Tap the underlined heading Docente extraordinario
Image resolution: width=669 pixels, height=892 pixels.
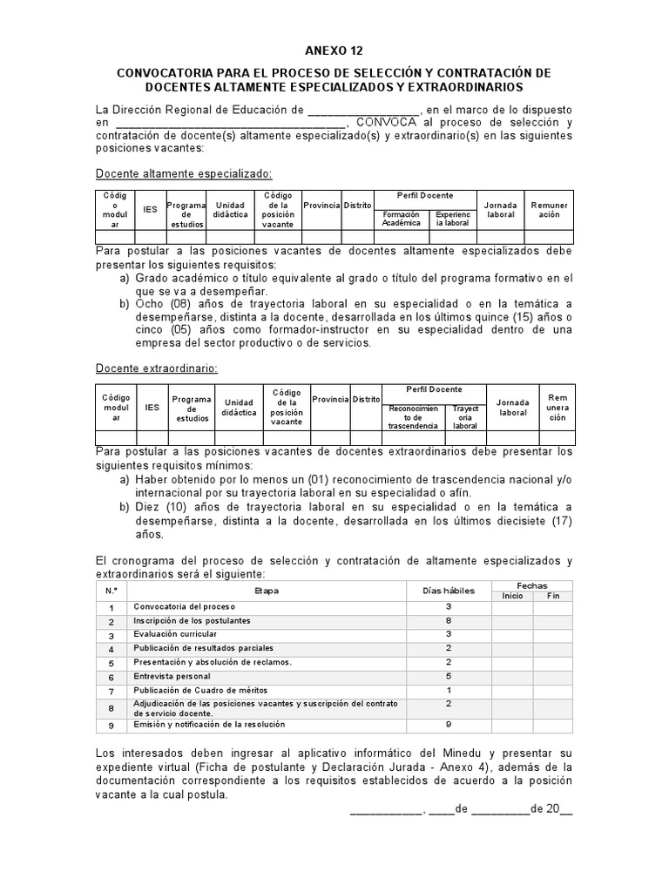click(x=157, y=368)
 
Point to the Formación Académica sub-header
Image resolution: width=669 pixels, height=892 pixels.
click(x=401, y=219)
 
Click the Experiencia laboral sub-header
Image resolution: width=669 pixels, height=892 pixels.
click(x=452, y=219)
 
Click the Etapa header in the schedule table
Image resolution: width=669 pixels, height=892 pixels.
click(x=267, y=591)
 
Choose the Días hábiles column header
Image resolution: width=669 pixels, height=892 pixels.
click(x=449, y=591)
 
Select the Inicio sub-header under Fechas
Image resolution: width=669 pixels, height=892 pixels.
click(x=512, y=596)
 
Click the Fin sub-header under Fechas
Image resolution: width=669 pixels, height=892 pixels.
click(x=553, y=596)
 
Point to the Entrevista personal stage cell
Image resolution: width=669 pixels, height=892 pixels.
click(x=172, y=676)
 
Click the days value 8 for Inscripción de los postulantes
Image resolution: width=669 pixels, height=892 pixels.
click(x=449, y=620)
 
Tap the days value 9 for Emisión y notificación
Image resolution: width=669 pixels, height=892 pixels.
click(x=449, y=724)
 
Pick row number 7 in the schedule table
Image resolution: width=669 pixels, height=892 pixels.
click(x=111, y=691)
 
